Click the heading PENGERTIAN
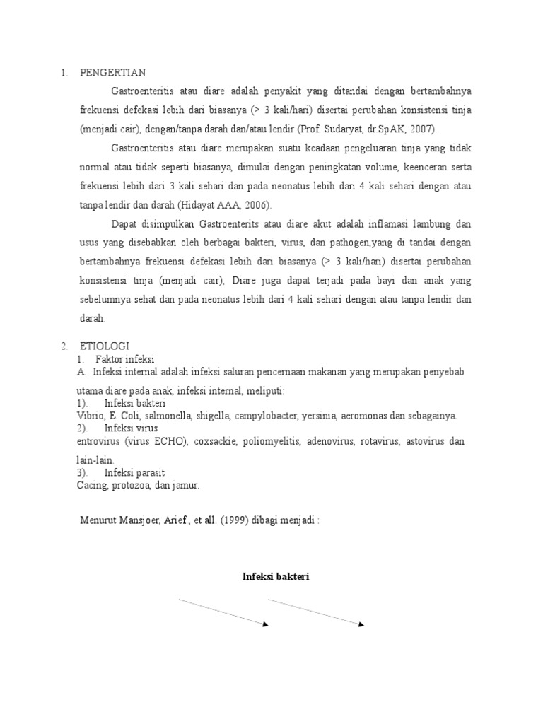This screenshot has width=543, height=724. pos(112,72)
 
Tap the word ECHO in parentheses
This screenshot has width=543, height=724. pos(170,442)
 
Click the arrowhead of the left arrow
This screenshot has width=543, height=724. pos(265,624)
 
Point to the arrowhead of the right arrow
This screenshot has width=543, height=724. pos(361,624)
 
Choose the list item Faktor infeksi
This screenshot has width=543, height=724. pos(124,359)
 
